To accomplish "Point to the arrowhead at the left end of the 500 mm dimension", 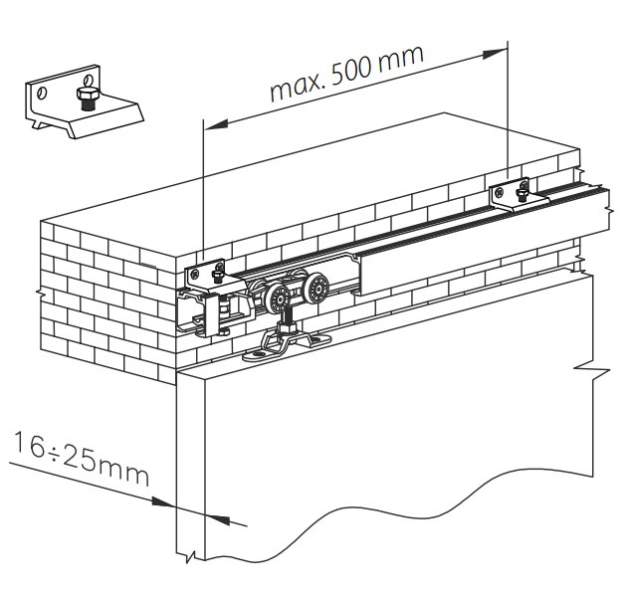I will [209, 123].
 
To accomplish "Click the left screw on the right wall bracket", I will [497, 191].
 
